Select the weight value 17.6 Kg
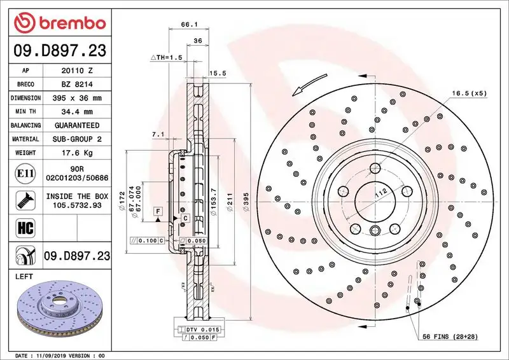coord(78,153)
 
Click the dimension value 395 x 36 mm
coord(78,98)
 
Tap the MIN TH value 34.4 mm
coord(78,112)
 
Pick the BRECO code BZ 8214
coord(78,84)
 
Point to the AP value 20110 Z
coord(78,71)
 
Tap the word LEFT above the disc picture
coord(24,277)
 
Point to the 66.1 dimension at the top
coord(188,25)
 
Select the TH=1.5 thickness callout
coord(167,57)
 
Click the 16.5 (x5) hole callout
coord(469,93)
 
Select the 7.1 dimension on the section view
coord(158,134)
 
